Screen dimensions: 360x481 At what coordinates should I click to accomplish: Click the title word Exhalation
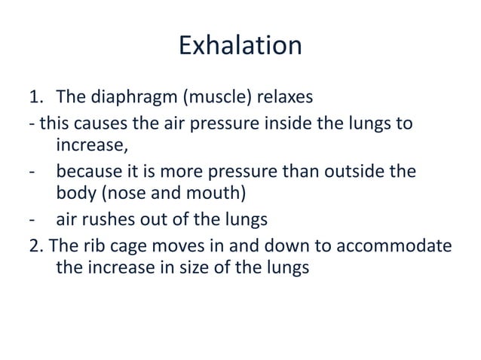pos(240,47)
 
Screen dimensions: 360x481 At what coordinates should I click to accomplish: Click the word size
pos(211,268)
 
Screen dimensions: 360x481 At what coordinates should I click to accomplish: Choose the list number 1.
pos(35,99)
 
